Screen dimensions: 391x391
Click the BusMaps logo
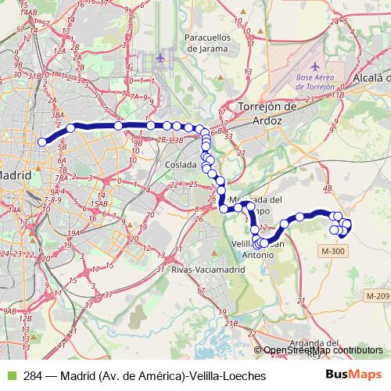point(353,376)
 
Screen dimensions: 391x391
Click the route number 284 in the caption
point(33,376)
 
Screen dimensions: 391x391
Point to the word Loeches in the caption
point(245,376)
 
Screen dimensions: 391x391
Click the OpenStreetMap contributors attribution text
point(325,351)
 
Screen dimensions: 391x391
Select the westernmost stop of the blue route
point(42,142)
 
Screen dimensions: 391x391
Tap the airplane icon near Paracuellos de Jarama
point(160,59)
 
